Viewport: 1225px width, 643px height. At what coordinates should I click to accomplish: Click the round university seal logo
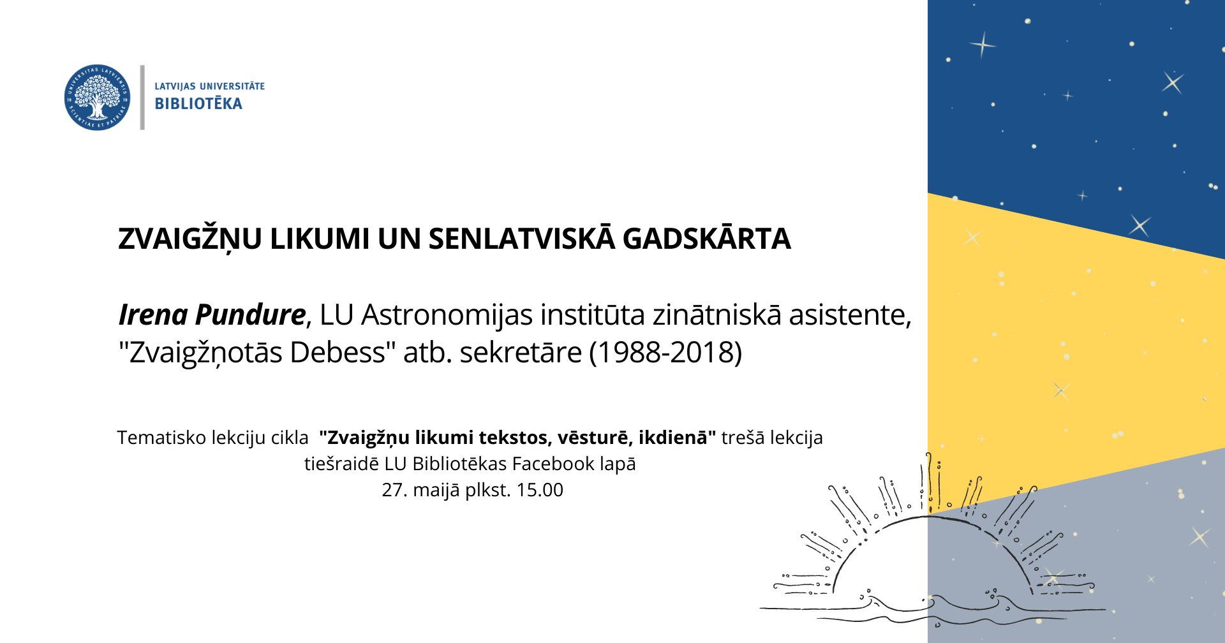pos(97,98)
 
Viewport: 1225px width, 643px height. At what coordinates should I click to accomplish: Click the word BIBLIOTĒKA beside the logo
pos(198,103)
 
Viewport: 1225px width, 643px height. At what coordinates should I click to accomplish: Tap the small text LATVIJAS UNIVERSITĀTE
pos(209,86)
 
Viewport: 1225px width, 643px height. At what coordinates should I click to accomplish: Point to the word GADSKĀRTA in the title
pos(706,239)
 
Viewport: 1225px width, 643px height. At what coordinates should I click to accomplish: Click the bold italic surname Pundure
pos(250,314)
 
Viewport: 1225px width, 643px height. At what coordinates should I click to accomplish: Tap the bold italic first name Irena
pos(153,314)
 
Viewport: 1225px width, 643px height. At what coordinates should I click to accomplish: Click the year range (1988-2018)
pos(665,352)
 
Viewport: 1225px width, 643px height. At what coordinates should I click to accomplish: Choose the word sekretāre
pos(521,352)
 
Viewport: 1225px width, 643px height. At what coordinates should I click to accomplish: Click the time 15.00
pos(540,490)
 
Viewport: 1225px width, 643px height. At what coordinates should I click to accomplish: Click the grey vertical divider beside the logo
pos(142,98)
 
